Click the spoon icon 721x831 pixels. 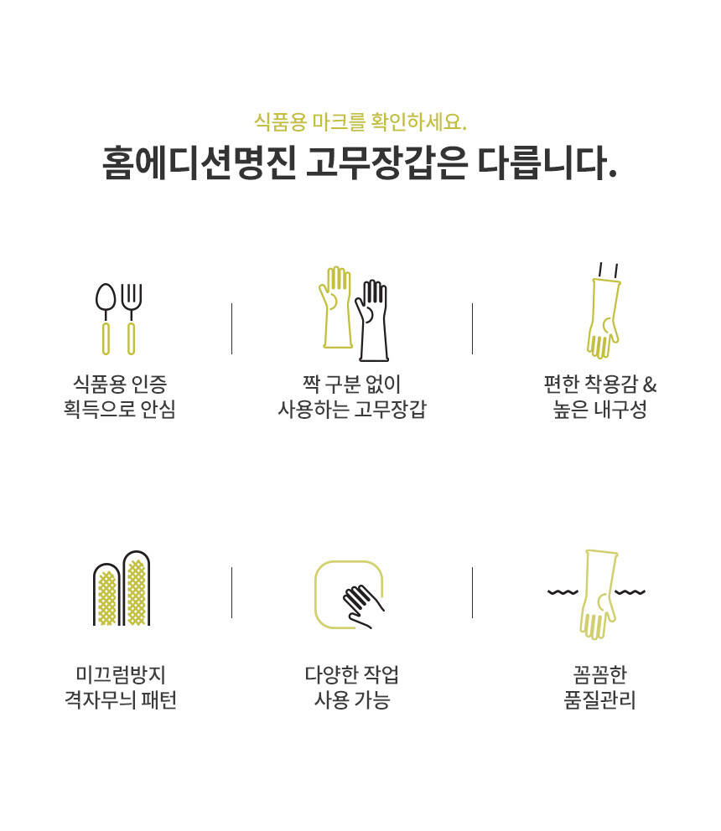pyautogui.click(x=106, y=318)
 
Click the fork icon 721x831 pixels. pyautogui.click(x=131, y=318)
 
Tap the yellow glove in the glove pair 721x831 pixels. pyautogui.click(x=335, y=307)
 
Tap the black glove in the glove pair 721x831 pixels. pyautogui.click(x=372, y=320)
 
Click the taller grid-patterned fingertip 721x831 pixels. pyautogui.click(x=137, y=588)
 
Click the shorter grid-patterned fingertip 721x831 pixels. pyautogui.click(x=106, y=594)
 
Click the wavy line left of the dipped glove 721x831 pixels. pyautogui.click(x=563, y=592)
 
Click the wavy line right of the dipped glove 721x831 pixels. pyautogui.click(x=630, y=592)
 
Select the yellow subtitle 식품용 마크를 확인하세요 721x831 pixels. pyautogui.click(x=360, y=122)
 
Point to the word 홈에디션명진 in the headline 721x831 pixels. pyautogui.click(x=199, y=163)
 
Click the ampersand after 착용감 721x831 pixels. pyautogui.click(x=650, y=384)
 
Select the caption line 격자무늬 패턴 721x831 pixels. pyautogui.click(x=121, y=699)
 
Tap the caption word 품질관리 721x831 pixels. pyautogui.click(x=599, y=699)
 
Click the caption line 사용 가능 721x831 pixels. pyautogui.click(x=352, y=699)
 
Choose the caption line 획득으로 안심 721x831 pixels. pyautogui.click(x=119, y=409)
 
